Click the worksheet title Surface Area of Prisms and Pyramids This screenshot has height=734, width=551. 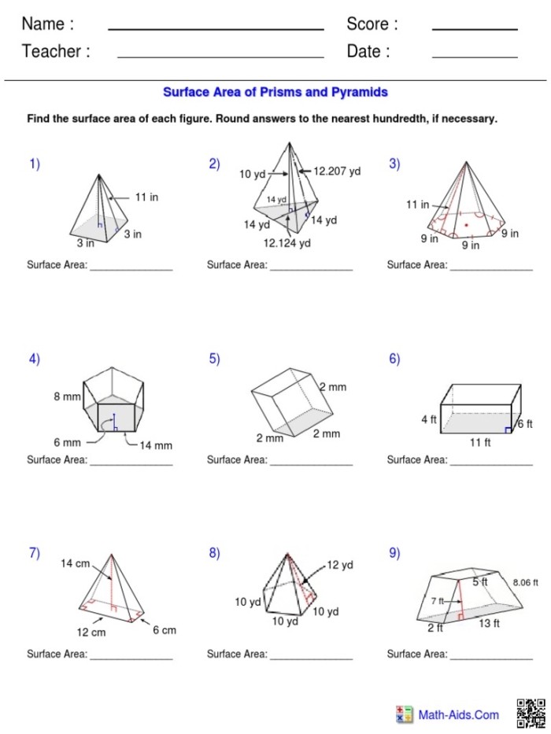[x=275, y=92]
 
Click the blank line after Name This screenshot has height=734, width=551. [x=216, y=29]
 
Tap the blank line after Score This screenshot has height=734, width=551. [x=475, y=29]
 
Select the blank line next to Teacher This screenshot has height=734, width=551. [x=220, y=57]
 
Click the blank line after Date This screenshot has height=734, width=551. [x=475, y=57]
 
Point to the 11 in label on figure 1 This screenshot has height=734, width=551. [x=146, y=197]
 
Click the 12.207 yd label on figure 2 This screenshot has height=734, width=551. [x=337, y=171]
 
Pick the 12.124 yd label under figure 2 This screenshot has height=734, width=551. [x=287, y=243]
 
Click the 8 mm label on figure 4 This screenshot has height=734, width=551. [x=67, y=397]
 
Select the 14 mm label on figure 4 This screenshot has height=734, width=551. [x=155, y=445]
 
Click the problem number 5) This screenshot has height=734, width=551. [x=214, y=359]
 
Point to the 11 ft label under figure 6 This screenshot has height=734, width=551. [x=480, y=443]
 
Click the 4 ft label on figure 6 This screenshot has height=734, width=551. [x=429, y=420]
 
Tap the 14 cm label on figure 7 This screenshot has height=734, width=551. [x=76, y=564]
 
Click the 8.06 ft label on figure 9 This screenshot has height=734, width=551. [x=525, y=583]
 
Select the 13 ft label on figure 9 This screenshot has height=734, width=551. [x=489, y=624]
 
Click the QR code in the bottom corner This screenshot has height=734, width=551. [x=531, y=713]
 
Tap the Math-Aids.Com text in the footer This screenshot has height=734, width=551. [x=458, y=715]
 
